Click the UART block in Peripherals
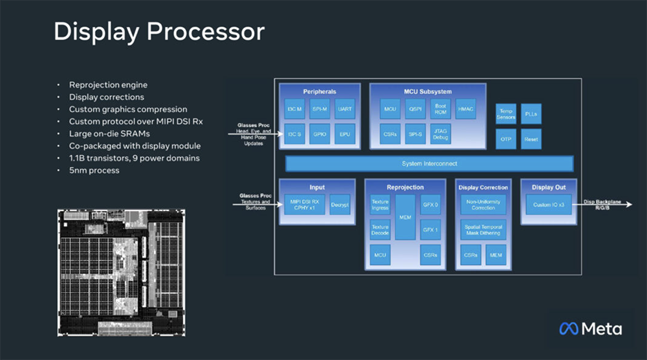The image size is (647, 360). [345, 109]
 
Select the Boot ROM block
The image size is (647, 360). [440, 109]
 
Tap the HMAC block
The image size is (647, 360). [465, 109]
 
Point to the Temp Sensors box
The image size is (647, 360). [506, 114]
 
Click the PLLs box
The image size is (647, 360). [531, 114]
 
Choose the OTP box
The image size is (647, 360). [506, 139]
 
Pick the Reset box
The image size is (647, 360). [531, 139]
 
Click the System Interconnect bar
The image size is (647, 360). [425, 163]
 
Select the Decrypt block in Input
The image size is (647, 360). [340, 205]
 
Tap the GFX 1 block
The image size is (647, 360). [430, 230]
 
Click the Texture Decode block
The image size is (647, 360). [380, 230]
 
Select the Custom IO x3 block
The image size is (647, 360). [548, 205]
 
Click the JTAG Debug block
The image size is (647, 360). [440, 134]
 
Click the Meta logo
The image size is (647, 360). [590, 329]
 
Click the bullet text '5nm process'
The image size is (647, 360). [94, 171]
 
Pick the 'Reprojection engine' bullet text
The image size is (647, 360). [108, 85]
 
